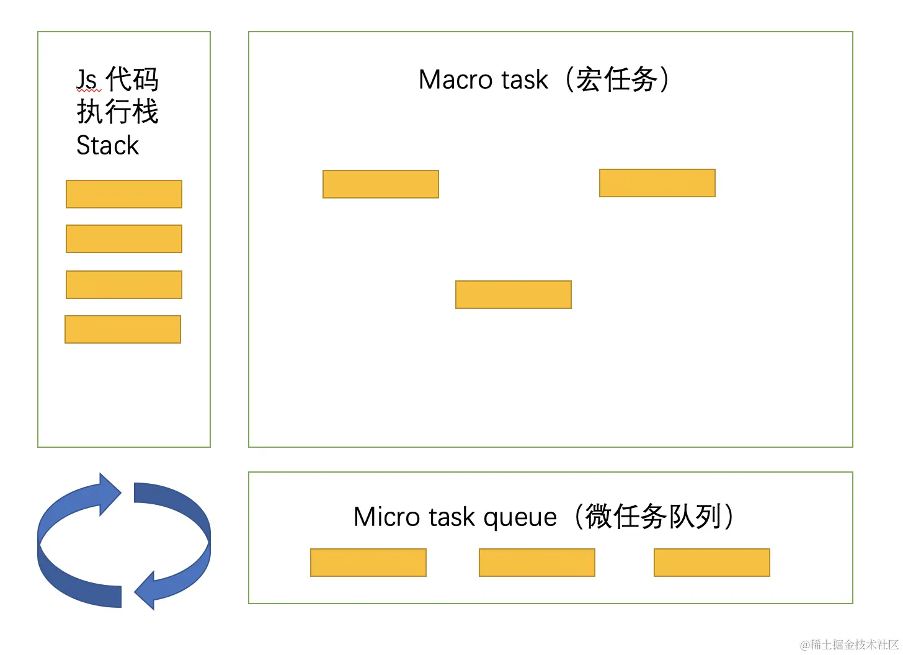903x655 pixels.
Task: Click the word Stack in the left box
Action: click(107, 146)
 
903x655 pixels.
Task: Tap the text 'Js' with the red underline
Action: click(87, 79)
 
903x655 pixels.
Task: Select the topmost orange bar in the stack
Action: click(124, 194)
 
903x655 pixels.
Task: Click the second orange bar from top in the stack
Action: click(124, 239)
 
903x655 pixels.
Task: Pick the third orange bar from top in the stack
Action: click(124, 285)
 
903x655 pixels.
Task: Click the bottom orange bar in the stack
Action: click(123, 330)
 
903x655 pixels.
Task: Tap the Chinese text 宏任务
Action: click(616, 79)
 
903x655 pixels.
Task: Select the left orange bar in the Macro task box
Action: click(381, 184)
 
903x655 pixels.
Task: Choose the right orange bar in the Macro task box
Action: click(657, 183)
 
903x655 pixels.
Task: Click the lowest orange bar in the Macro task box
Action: click(514, 295)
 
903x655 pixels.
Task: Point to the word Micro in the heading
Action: click(386, 517)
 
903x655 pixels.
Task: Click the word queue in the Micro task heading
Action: click(520, 519)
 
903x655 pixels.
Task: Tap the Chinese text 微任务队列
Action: click(654, 516)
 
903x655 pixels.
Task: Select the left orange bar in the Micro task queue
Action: click(368, 563)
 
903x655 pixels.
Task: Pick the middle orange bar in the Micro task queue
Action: click(537, 563)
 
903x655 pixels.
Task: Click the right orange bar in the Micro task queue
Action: click(712, 563)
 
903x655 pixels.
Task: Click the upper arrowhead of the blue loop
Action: click(110, 494)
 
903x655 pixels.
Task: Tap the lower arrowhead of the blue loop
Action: click(145, 591)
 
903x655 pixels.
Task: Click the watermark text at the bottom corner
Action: click(849, 644)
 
